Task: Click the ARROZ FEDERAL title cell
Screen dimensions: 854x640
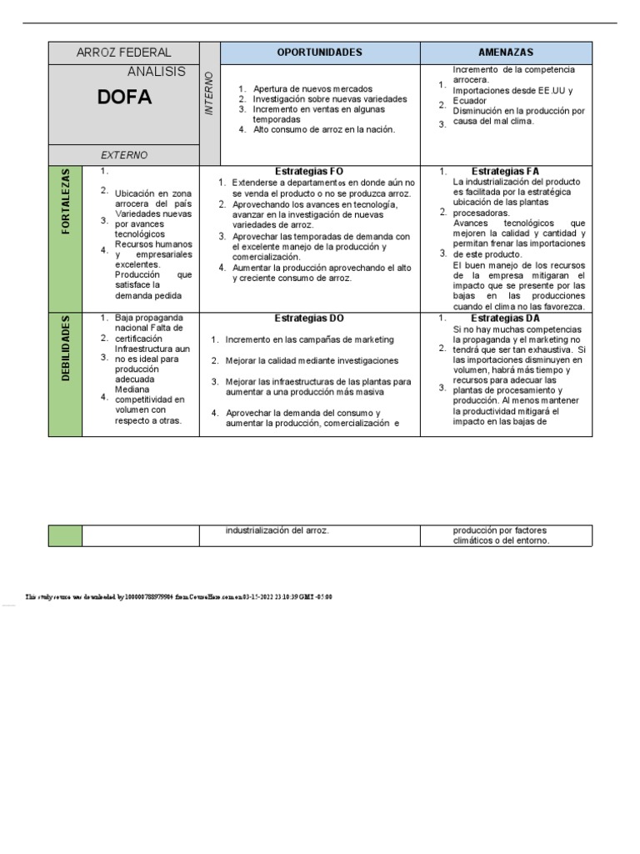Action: [x=123, y=53]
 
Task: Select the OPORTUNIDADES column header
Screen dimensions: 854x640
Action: [x=319, y=53]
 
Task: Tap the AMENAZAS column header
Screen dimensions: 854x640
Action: [x=506, y=53]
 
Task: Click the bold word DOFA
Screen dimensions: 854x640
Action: [x=125, y=98]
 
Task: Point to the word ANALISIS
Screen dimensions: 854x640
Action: [x=157, y=73]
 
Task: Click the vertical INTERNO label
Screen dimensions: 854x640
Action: [x=209, y=94]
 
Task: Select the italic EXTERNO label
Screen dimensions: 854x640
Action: [x=124, y=155]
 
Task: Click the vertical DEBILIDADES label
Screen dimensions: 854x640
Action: [x=66, y=349]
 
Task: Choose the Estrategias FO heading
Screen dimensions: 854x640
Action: [x=308, y=171]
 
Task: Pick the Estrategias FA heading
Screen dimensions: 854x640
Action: [x=505, y=171]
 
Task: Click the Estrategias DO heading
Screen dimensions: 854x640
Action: [x=308, y=319]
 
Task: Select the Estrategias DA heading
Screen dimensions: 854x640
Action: [x=505, y=319]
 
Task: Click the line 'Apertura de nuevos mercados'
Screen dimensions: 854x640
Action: [x=312, y=88]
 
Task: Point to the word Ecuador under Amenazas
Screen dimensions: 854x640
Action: [x=471, y=101]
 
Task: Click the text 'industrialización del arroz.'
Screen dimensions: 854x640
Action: [x=277, y=530]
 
